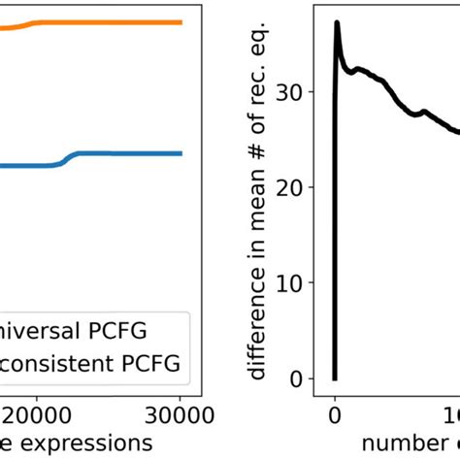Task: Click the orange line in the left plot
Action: pyautogui.click(x=107, y=21)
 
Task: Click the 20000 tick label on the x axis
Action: pyautogui.click(x=39, y=415)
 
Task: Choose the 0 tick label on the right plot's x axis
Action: pyautogui.click(x=335, y=415)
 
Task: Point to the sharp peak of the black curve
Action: pyautogui.click(x=337, y=22)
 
